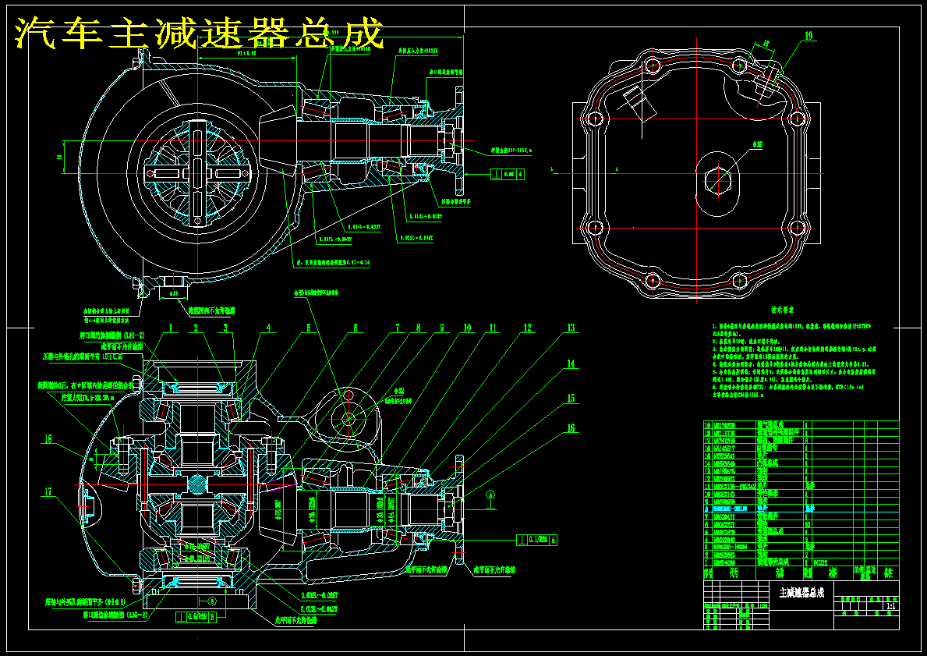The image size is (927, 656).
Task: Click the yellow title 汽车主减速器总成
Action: [200, 34]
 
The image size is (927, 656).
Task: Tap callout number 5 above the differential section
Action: [308, 328]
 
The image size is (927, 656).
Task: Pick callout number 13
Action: [571, 328]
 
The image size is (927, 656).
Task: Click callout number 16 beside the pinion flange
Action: [571, 428]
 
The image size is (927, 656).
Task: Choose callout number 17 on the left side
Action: [48, 491]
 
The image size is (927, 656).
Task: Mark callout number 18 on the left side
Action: [48, 439]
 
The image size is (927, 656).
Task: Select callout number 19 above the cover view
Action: [808, 36]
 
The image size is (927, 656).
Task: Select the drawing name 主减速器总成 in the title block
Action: [801, 592]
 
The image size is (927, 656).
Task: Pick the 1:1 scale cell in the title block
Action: [890, 606]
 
